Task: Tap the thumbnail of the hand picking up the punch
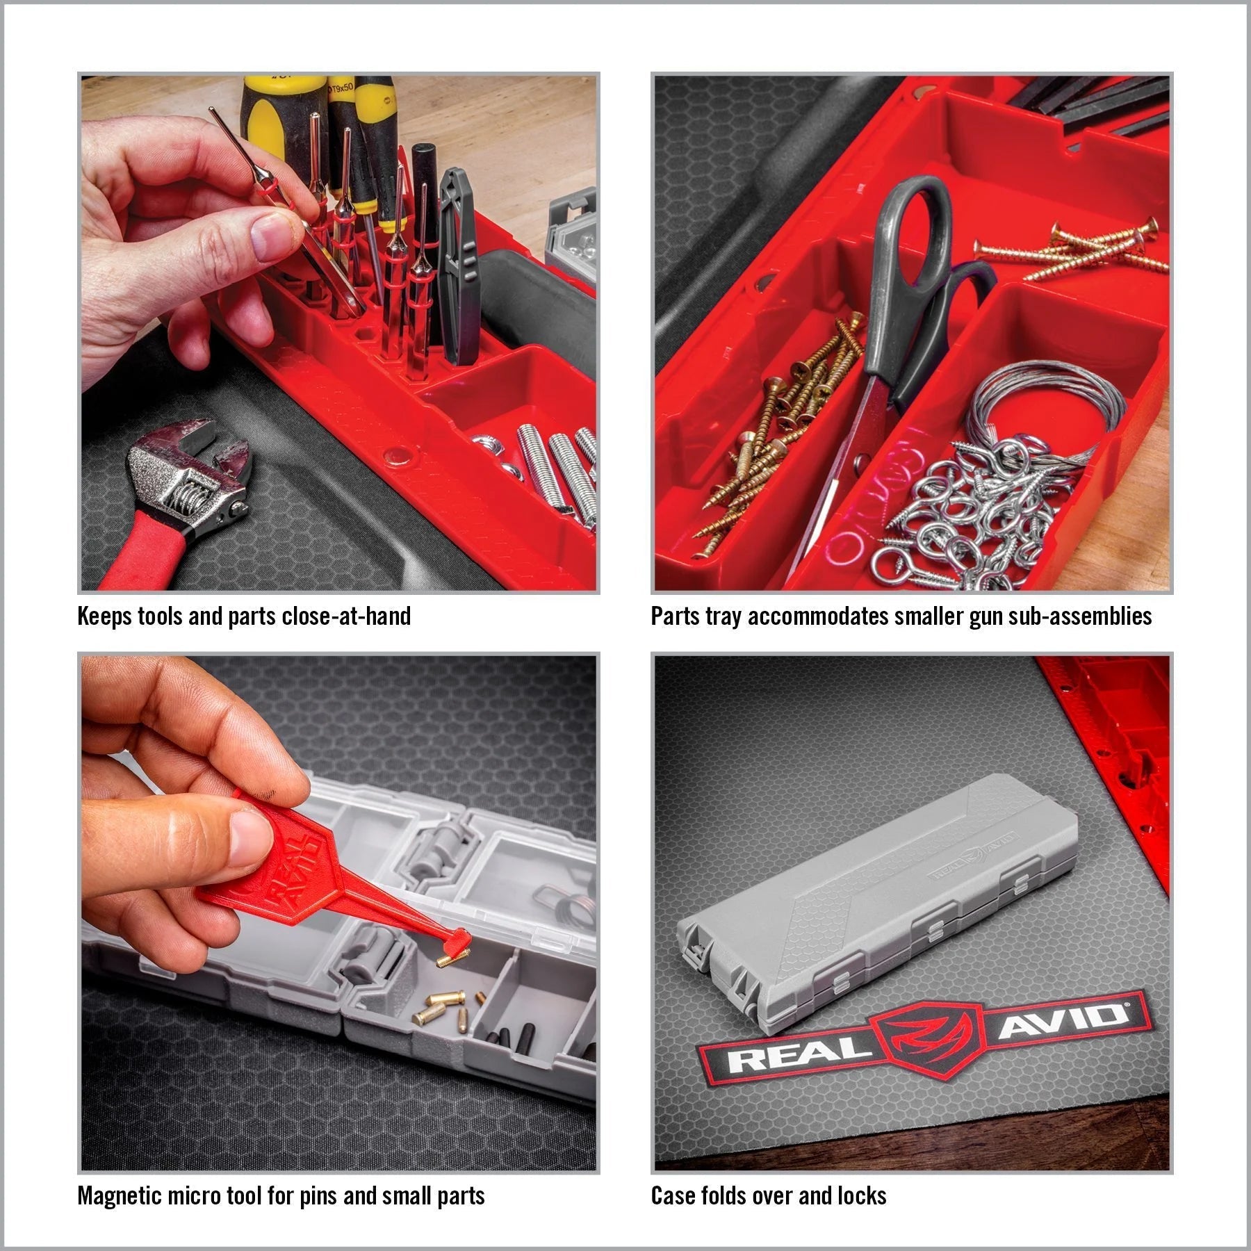pos(338,332)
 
